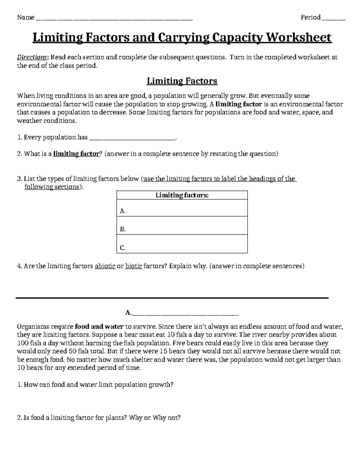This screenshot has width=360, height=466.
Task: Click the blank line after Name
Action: coord(114,19)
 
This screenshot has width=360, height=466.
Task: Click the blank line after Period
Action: coord(334,19)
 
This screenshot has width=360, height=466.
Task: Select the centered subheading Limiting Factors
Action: coord(182,81)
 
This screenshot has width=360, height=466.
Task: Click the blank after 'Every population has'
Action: coord(133,138)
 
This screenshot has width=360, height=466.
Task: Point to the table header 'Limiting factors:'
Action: coord(182,195)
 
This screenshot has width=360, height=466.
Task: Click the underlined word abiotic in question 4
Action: coord(105,266)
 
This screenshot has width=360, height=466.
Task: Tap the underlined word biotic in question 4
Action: coord(133,266)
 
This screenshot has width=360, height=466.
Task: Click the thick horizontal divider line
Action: coord(172,298)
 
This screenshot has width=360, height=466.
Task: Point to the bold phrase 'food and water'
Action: coord(99,326)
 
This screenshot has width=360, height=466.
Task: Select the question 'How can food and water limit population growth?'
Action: coord(95,385)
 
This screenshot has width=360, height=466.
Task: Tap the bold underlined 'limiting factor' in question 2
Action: coord(76,154)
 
